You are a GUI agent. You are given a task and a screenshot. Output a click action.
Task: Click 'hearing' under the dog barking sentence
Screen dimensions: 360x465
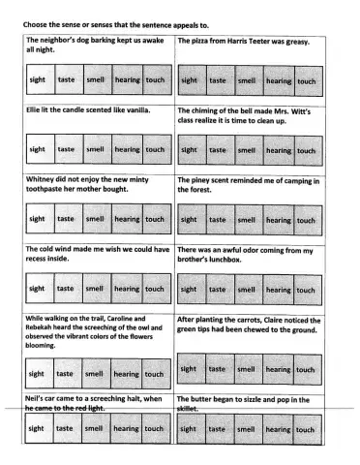coord(127,80)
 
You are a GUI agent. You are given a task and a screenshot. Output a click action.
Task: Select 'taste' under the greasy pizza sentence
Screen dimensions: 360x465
coord(219,80)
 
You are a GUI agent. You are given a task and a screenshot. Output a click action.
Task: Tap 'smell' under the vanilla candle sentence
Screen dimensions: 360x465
coord(96,149)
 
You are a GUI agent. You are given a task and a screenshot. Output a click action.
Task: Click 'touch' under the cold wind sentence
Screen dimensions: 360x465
coord(154,288)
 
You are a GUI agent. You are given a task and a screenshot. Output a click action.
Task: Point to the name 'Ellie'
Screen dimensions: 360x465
coord(35,110)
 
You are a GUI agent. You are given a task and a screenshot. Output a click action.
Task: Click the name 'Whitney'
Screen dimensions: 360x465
coord(41,179)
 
